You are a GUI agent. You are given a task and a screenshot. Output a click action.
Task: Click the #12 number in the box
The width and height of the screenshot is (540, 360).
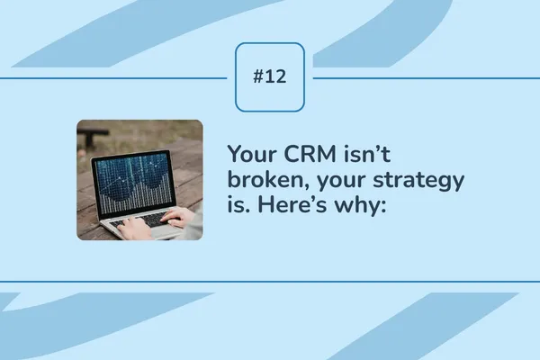click(270, 77)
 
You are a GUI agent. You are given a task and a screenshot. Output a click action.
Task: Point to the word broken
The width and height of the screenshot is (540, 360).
click(266, 181)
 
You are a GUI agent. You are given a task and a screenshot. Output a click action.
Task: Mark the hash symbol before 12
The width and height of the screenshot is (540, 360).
click(259, 77)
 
